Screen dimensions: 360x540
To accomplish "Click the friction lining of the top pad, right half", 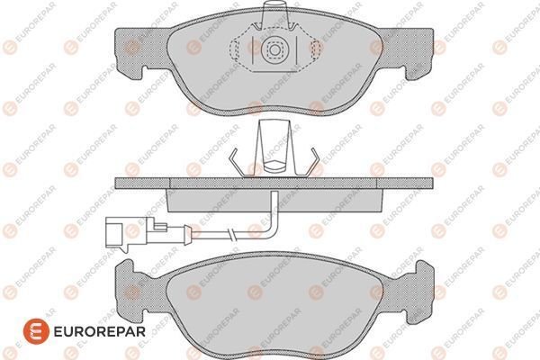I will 351,67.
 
